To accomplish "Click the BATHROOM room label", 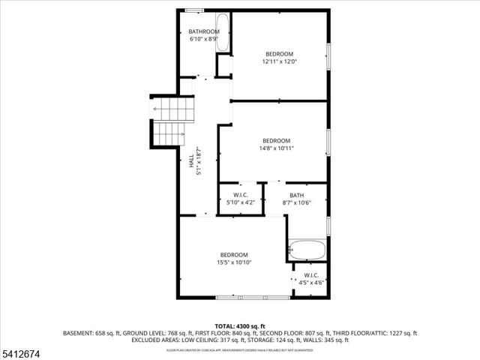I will pyautogui.click(x=204, y=31).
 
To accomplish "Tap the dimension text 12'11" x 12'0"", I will pyautogui.click(x=279, y=61).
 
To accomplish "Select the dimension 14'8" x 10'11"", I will pyautogui.click(x=277, y=148).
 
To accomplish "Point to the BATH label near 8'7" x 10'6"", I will pyautogui.click(x=297, y=195).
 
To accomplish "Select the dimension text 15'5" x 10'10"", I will pyautogui.click(x=234, y=262).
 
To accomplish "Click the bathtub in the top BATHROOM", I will pyautogui.click(x=223, y=33).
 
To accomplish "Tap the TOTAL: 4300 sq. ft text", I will pyautogui.click(x=240, y=326).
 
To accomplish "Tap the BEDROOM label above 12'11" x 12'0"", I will pyautogui.click(x=279, y=53).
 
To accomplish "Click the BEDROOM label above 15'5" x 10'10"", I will pyautogui.click(x=234, y=254).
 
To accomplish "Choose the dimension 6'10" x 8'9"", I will pyautogui.click(x=204, y=39).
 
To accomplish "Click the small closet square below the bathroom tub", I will pyautogui.click(x=223, y=65).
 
